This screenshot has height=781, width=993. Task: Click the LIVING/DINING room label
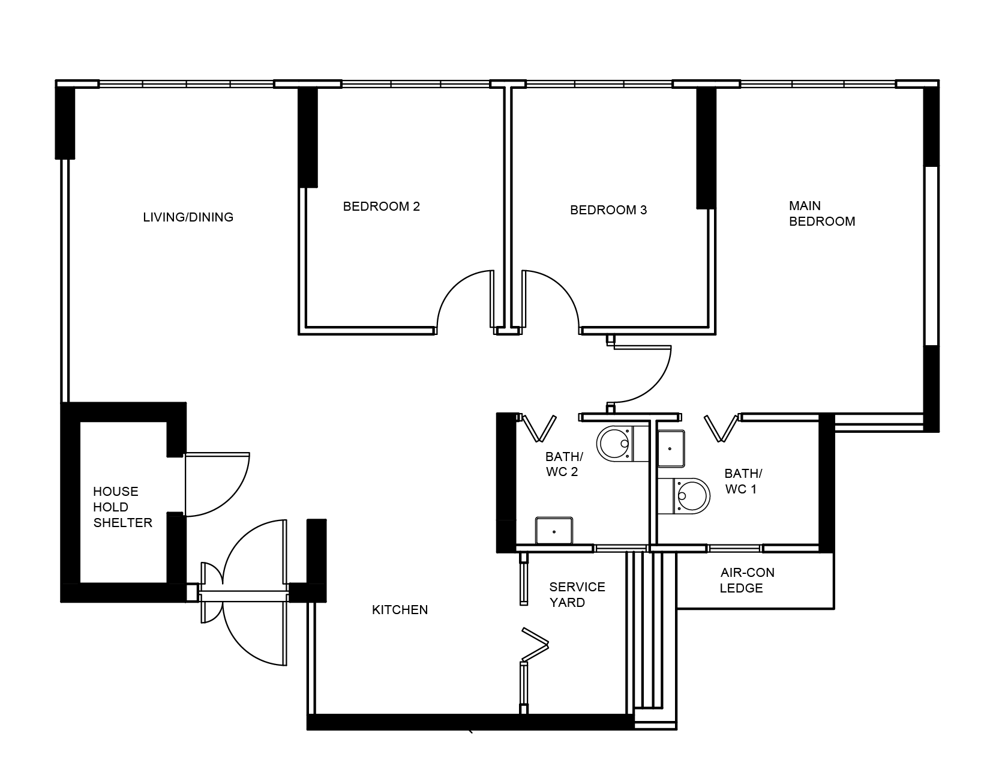188,217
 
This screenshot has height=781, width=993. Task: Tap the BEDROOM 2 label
381,207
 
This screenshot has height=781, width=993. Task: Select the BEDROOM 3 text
608,210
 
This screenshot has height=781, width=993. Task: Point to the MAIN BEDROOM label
822,214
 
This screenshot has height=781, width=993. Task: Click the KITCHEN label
400,610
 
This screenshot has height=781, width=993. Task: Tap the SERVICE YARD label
577,594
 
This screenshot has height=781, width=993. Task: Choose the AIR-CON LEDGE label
747,580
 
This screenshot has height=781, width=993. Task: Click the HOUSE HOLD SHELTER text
122,507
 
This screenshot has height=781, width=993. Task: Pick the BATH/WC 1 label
743,481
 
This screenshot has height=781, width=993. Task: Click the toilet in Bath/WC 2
623,444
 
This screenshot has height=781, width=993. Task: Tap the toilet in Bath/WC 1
684,496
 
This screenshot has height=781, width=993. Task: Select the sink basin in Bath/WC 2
554,531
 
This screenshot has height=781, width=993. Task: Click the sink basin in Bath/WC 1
671,448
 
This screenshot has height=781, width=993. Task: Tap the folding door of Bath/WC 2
540,427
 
